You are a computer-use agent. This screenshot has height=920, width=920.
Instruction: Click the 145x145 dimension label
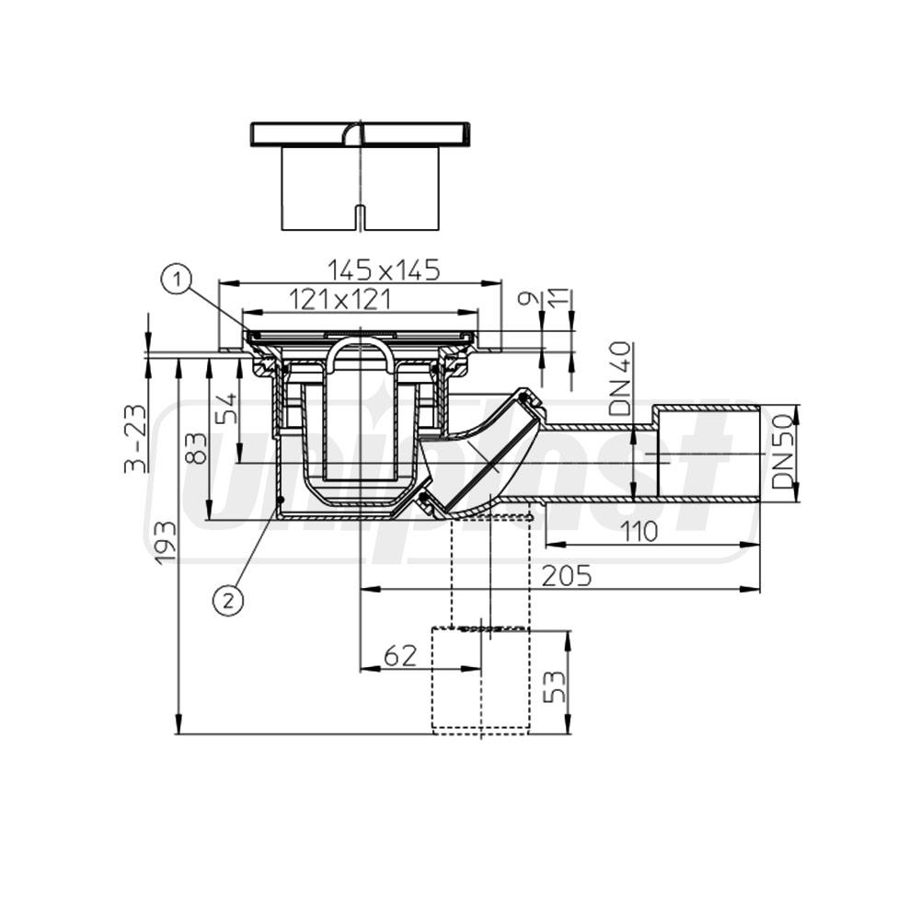[x=384, y=270]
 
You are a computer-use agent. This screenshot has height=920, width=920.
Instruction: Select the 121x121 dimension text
[x=340, y=299]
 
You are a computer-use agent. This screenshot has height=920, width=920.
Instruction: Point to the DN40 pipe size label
[x=623, y=378]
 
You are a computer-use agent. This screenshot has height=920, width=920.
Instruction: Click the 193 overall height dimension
[x=165, y=543]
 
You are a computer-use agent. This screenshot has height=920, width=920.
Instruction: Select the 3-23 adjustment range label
[x=135, y=437]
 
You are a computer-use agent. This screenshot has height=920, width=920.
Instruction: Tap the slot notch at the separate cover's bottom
[x=360, y=219]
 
